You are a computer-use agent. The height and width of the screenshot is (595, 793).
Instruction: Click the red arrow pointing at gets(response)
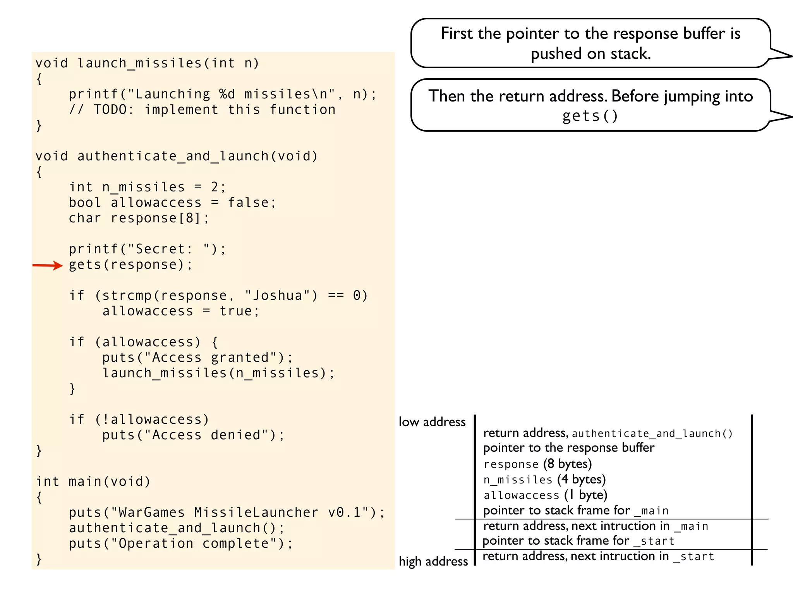tap(47, 265)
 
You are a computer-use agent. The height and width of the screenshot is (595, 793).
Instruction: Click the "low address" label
tap(432, 422)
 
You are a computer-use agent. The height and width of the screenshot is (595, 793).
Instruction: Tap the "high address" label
tap(433, 561)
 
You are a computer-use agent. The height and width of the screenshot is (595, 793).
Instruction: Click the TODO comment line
tap(202, 110)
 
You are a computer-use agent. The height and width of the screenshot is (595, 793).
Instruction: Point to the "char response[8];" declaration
tap(139, 218)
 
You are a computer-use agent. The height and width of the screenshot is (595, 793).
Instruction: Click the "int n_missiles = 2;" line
tap(147, 187)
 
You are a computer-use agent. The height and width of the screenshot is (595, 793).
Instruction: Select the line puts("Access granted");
tap(197, 358)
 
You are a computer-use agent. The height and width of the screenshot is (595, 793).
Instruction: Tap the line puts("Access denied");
tap(193, 435)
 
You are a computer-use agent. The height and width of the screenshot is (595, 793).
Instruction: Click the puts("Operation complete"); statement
tap(181, 543)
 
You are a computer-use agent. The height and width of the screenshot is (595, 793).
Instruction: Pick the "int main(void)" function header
tap(93, 482)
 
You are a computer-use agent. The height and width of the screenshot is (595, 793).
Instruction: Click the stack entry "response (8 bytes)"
tap(537, 464)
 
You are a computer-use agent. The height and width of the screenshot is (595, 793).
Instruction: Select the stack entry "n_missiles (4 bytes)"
tap(544, 480)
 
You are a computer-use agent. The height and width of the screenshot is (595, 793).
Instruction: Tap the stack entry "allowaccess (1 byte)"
tap(545, 495)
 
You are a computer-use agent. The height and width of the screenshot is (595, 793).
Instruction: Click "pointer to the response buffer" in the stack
tap(569, 448)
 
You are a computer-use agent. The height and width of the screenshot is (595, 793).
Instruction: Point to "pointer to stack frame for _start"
tap(578, 541)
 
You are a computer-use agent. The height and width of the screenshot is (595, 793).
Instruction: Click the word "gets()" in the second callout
tap(590, 116)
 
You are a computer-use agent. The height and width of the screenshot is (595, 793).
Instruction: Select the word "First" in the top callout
tap(457, 34)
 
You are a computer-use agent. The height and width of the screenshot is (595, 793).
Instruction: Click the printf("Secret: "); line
tap(147, 249)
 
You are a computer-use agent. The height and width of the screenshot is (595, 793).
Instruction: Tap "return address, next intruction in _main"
tap(596, 526)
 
